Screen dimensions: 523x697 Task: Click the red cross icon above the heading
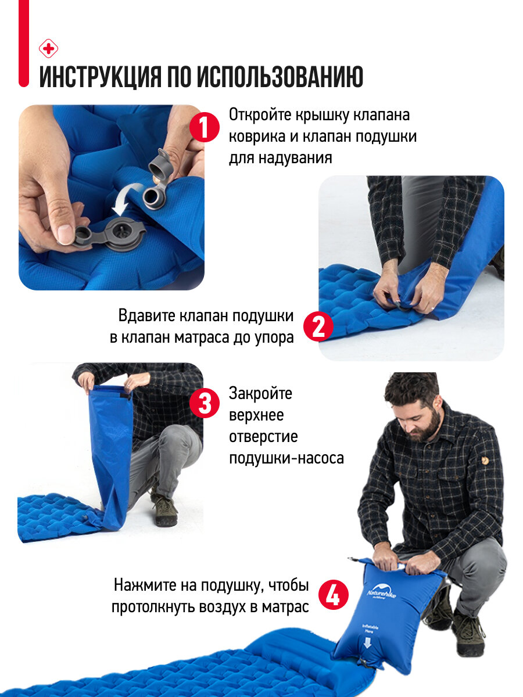click(48, 49)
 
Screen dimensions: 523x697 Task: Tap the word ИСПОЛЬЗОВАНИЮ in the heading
click(280, 77)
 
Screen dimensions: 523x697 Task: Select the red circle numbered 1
click(204, 127)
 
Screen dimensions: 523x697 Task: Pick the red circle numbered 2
click(318, 326)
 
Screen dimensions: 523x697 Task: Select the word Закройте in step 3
click(260, 393)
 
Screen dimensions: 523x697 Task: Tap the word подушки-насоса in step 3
click(286, 458)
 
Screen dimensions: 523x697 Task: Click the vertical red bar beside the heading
click(24, 43)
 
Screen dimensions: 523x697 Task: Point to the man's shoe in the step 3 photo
click(165, 512)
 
